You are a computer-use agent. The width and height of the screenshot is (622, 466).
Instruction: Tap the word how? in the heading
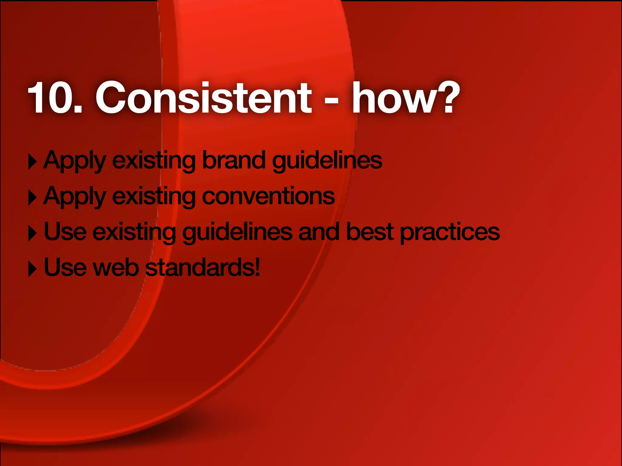[405, 98]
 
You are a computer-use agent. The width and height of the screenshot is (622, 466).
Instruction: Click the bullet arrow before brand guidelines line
[32, 162]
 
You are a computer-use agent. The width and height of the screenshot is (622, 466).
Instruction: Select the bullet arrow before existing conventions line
[32, 198]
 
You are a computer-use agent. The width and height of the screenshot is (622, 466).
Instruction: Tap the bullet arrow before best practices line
[32, 233]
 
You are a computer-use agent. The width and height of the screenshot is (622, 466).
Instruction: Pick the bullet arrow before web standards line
[32, 269]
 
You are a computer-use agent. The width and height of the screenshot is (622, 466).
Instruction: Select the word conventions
[268, 197]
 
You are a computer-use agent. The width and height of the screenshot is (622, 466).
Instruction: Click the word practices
[449, 232]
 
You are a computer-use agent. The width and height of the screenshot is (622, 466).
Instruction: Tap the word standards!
[203, 268]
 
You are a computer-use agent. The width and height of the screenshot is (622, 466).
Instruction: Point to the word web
[116, 268]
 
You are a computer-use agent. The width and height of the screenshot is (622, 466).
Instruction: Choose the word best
[370, 232]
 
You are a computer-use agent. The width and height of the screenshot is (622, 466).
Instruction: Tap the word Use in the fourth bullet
[65, 268]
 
